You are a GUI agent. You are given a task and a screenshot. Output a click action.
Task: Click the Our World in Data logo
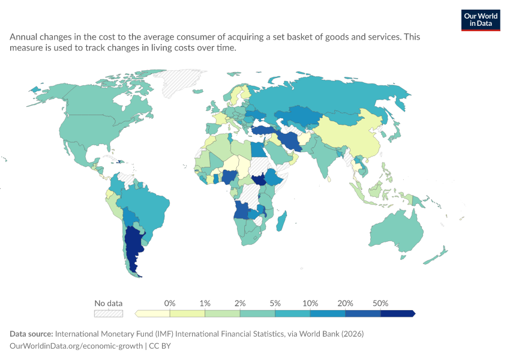click(481, 20)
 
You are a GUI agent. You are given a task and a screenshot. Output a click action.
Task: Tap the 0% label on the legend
click(169, 304)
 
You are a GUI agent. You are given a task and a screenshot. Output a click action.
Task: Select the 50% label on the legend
click(380, 304)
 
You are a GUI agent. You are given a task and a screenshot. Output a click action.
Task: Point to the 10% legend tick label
click(310, 304)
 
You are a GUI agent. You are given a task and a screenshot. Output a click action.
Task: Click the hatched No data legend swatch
click(109, 313)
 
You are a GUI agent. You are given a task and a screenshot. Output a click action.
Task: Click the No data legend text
click(109, 304)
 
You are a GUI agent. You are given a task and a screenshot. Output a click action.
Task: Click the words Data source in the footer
click(31, 334)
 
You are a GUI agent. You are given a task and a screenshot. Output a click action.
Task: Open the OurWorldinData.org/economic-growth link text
click(76, 346)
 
